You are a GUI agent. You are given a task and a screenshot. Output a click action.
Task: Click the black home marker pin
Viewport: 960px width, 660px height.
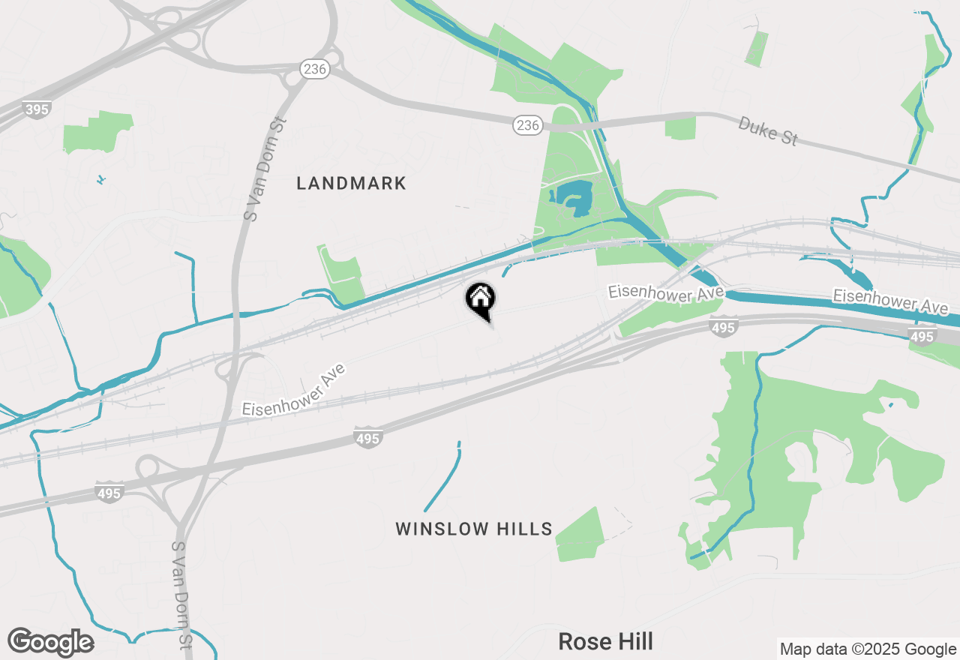coord(480,300)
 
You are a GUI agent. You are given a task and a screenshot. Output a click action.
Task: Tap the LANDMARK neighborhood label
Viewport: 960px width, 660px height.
coord(351,183)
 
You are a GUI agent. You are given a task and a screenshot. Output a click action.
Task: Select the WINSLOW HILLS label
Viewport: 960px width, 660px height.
coord(474,529)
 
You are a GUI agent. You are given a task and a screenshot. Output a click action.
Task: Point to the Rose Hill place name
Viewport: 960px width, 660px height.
coord(605,641)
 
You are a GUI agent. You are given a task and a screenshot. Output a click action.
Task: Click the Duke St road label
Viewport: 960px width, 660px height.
coord(767,130)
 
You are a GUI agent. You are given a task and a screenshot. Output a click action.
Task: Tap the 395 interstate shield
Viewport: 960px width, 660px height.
coord(36,109)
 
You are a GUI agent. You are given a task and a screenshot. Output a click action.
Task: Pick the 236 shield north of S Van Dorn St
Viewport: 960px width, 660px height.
coord(315,69)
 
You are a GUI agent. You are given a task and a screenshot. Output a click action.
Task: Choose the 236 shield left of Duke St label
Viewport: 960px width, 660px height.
coord(528,125)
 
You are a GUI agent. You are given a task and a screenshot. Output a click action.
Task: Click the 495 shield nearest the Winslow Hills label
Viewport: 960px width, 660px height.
coord(367,438)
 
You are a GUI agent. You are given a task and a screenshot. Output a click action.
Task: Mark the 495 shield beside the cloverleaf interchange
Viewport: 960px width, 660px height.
coord(109,493)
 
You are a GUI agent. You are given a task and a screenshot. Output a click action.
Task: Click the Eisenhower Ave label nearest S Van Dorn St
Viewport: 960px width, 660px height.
coord(294,391)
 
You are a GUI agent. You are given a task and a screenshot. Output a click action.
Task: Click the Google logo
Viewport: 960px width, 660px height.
coord(51,643)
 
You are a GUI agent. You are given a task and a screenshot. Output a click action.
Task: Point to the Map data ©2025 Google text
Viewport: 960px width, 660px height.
coord(868,649)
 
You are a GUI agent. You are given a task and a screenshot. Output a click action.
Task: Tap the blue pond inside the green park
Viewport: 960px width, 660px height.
coord(574,199)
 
